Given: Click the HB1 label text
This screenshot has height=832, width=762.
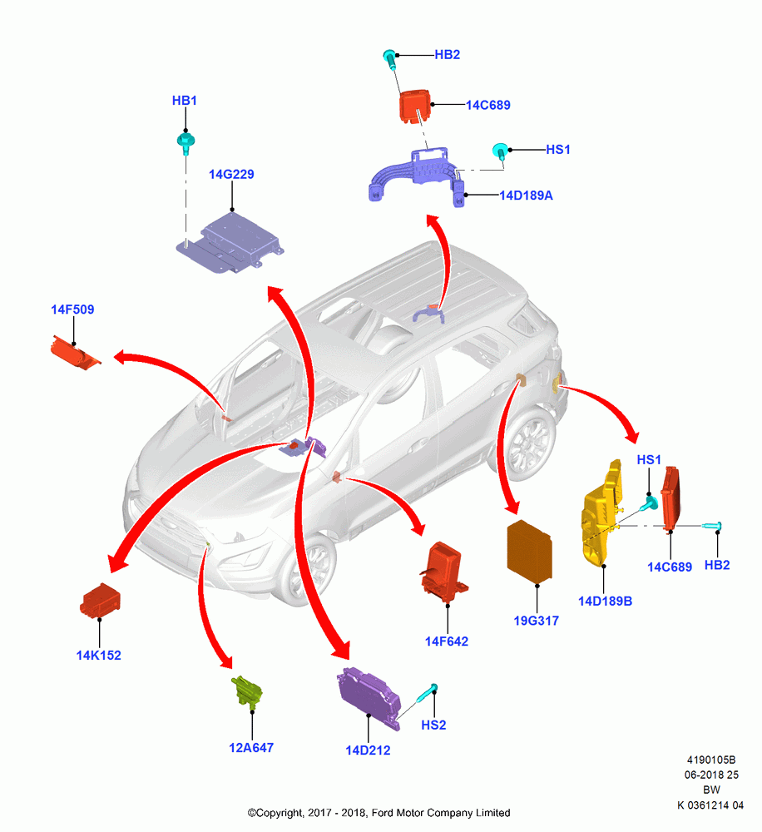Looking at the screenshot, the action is (184, 101).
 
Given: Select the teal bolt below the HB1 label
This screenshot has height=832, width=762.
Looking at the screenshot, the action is (186, 143).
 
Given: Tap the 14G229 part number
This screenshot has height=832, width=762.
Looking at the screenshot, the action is (231, 174).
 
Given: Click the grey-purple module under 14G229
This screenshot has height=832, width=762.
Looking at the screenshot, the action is (230, 244).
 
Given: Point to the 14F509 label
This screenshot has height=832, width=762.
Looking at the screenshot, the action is (72, 310).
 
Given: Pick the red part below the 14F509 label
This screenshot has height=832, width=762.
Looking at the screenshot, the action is (75, 352).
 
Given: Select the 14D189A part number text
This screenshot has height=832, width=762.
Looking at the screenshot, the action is (526, 196).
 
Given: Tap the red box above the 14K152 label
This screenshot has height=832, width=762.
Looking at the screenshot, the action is (101, 600).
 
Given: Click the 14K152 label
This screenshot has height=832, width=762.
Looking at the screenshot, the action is (99, 656).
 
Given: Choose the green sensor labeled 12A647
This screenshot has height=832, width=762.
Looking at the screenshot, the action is (247, 691).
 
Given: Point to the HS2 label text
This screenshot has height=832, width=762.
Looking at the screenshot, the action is (433, 725).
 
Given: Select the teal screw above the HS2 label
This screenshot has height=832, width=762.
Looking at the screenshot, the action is (428, 692).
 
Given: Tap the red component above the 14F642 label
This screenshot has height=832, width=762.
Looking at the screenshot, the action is (443, 572).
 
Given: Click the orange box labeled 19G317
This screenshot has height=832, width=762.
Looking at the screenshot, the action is (530, 552).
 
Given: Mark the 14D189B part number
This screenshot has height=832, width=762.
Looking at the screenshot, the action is (605, 602).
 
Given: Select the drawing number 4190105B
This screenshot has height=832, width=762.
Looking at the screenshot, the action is (711, 760).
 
